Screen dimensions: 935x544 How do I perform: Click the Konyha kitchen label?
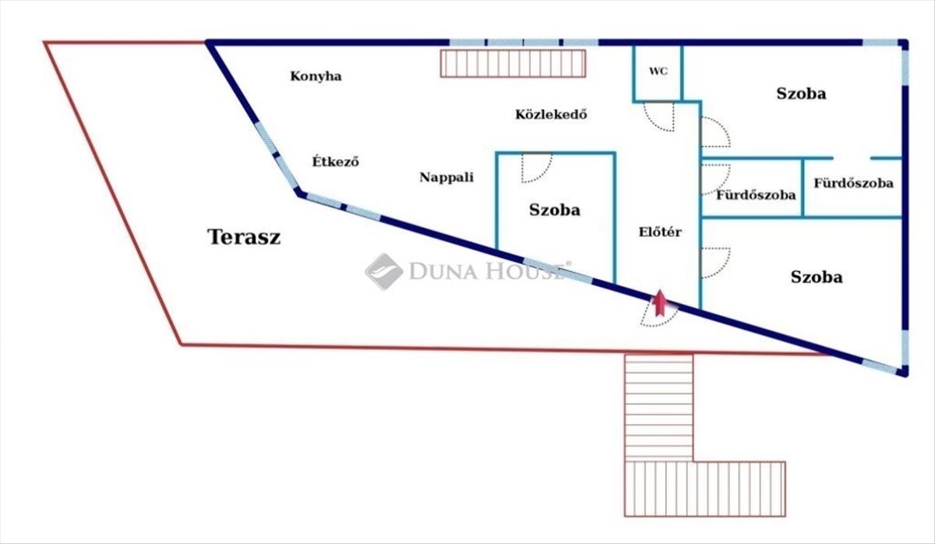pyautogui.click(x=316, y=76)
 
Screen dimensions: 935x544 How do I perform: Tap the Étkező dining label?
pyautogui.click(x=336, y=161)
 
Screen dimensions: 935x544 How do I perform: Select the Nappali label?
pyautogui.click(x=446, y=178)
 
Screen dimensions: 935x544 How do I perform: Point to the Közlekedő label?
pyautogui.click(x=551, y=115)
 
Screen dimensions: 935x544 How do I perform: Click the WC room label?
pyautogui.click(x=658, y=72)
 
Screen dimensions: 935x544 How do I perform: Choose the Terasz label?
pyautogui.click(x=244, y=237)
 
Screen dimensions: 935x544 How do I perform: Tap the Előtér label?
pyautogui.click(x=660, y=231)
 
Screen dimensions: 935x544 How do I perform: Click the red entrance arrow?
pyautogui.click(x=659, y=302)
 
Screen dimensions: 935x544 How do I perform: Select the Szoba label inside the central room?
pyautogui.click(x=554, y=210)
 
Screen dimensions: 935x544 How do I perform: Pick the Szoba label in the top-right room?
pyautogui.click(x=801, y=94)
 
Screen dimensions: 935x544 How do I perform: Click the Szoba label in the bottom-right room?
pyautogui.click(x=817, y=277)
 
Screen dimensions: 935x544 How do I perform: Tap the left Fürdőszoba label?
pyautogui.click(x=756, y=195)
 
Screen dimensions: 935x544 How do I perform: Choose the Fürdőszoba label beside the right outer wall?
pyautogui.click(x=854, y=183)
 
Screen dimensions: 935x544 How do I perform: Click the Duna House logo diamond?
pyautogui.click(x=383, y=271)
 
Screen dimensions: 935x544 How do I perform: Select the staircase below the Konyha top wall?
pyautogui.click(x=513, y=63)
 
